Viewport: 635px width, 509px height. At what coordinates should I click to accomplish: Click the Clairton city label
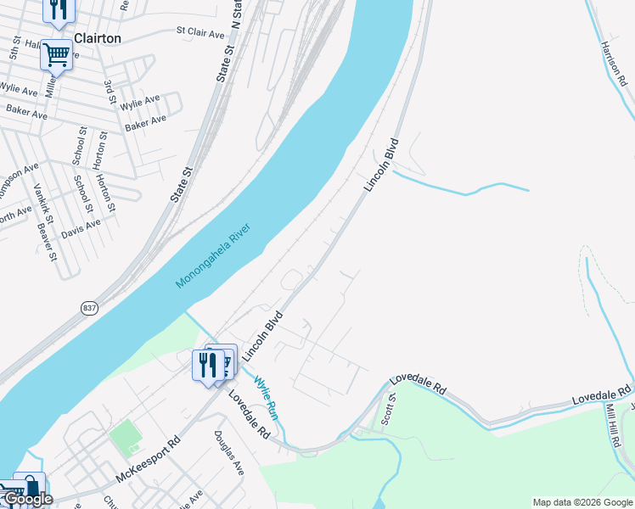pos(98,38)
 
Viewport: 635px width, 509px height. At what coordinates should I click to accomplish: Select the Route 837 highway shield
pos(89,308)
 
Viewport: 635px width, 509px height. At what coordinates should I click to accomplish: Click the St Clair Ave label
pos(199,33)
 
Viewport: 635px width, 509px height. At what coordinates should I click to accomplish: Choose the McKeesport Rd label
pos(149,459)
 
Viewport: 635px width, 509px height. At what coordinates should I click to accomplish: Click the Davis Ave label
pos(81,227)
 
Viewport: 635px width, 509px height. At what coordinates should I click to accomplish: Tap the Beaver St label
pos(46,242)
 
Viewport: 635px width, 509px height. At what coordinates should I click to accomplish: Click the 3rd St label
pos(110,92)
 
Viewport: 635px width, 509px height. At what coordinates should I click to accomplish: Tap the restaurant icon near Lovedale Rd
pos(207,365)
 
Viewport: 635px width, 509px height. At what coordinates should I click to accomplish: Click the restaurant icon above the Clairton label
pos(59,8)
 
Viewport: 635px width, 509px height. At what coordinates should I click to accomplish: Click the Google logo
pos(27,500)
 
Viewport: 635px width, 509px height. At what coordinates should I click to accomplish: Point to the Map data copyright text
pos(582,502)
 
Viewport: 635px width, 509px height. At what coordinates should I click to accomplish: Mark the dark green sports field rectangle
pos(124,435)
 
